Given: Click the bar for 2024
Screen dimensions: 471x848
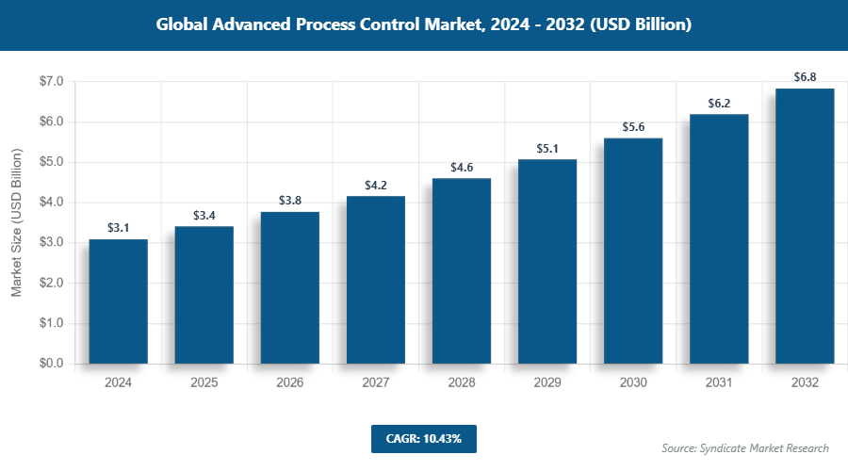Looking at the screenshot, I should (x=119, y=301).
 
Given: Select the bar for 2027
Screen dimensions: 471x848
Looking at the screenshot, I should (x=376, y=279).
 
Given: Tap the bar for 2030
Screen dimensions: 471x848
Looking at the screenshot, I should (x=633, y=251).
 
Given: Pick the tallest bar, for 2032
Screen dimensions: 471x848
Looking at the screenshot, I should (x=805, y=226).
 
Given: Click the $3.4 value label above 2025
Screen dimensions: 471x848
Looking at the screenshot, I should (x=204, y=216).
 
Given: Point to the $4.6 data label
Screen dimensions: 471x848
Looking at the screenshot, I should (x=462, y=168).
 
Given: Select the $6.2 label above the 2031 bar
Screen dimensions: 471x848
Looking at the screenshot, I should (x=719, y=104).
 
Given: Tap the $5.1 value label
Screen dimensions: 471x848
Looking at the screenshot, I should (x=547, y=148).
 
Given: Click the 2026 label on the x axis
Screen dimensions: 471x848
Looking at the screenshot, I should (x=290, y=383).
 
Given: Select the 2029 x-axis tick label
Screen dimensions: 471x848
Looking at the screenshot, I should (x=547, y=383).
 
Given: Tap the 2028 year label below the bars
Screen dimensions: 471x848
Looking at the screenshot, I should (x=462, y=383).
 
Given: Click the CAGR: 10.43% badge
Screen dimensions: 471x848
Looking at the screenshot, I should (x=423, y=438).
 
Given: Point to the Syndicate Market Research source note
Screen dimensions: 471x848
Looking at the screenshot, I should (x=745, y=447).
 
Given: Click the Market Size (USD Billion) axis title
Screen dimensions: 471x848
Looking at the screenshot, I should (x=16, y=222).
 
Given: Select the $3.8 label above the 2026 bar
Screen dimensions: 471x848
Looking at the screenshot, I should (x=290, y=201).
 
